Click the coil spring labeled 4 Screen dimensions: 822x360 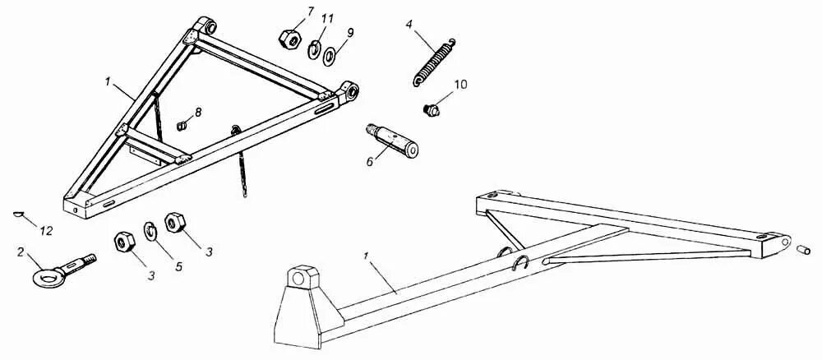click(433, 61)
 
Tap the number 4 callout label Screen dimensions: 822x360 click(409, 25)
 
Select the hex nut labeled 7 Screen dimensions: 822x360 click(289, 38)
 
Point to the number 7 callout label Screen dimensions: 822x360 click(310, 11)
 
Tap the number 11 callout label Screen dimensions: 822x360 click(328, 19)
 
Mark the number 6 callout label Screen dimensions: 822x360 click(370, 162)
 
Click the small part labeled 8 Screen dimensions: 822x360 click(183, 125)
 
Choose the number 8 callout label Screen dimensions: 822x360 click(197, 111)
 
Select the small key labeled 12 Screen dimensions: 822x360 click(19, 215)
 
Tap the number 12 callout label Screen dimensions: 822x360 click(46, 232)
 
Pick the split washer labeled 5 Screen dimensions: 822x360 click(151, 233)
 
